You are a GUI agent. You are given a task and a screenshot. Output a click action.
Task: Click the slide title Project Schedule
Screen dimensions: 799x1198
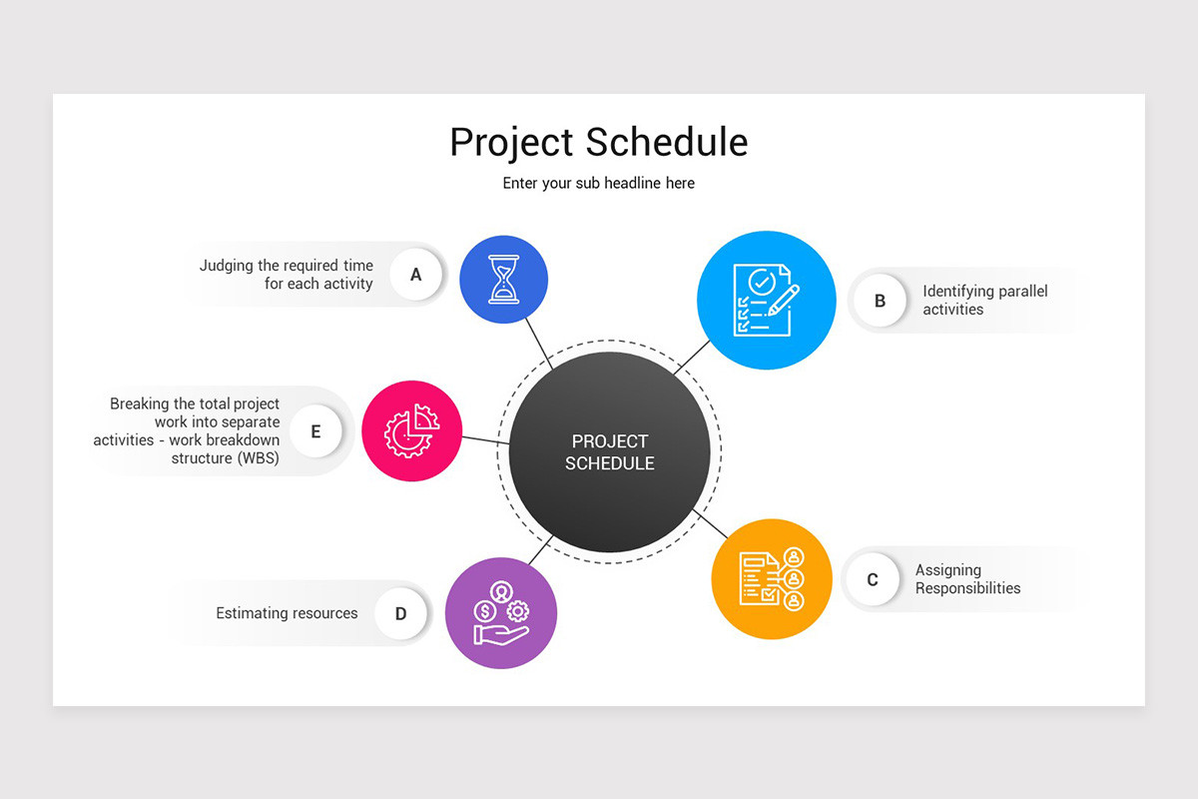(x=598, y=142)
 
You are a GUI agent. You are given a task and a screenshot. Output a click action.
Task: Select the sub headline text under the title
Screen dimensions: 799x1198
(x=598, y=183)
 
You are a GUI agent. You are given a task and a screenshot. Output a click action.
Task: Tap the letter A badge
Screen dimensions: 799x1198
(x=415, y=274)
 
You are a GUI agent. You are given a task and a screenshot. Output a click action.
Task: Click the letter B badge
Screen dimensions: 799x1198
(x=880, y=300)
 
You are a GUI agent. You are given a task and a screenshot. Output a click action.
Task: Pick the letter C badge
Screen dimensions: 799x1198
(x=873, y=579)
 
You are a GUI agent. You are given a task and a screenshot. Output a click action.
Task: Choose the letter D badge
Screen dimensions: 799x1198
(x=400, y=613)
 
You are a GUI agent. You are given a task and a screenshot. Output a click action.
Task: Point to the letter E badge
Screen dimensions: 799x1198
(x=315, y=431)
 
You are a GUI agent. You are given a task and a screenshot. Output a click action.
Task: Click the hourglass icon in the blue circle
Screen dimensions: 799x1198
(x=504, y=279)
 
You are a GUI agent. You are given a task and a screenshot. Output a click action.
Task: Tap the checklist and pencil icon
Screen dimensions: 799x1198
(x=766, y=300)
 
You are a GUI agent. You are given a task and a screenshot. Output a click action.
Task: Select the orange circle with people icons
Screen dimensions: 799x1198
(x=772, y=578)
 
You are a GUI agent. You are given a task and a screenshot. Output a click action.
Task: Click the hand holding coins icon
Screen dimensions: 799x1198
(x=500, y=612)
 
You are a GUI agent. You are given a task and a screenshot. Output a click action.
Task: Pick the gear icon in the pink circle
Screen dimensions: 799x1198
(x=411, y=431)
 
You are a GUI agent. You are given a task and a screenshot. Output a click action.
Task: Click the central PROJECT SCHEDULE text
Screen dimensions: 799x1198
(x=609, y=452)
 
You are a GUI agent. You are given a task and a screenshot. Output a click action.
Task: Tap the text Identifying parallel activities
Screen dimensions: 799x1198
(x=984, y=300)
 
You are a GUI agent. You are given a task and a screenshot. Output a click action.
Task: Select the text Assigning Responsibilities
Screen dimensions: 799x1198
(x=967, y=579)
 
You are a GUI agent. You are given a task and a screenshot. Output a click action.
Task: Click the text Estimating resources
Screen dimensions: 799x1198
(x=287, y=613)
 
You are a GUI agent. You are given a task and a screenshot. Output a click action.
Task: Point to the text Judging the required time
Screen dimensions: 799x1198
(x=287, y=266)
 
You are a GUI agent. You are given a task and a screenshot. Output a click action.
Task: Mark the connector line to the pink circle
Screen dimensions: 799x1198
(x=485, y=440)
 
